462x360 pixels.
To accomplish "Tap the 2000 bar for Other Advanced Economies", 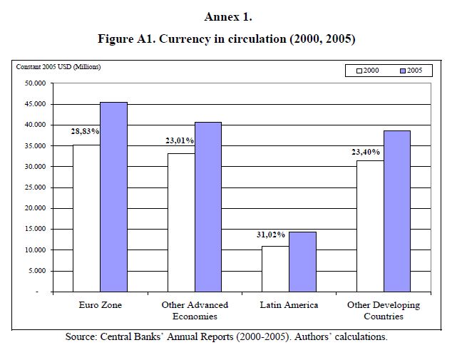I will (x=180, y=222).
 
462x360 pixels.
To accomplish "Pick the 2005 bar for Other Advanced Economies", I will (x=207, y=207).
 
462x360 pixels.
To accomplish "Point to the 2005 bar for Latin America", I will (x=302, y=262).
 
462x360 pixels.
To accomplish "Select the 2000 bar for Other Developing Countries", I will (x=370, y=226).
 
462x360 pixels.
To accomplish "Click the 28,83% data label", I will (x=85, y=132).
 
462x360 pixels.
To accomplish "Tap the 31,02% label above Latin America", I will (x=271, y=234).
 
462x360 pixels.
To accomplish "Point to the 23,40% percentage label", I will (x=366, y=152).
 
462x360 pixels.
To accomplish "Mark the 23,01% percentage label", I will (x=179, y=141).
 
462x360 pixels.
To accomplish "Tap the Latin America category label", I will (x=289, y=305).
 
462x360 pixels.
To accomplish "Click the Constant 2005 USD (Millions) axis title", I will (x=58, y=67).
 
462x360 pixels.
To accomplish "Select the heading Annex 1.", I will (x=231, y=16).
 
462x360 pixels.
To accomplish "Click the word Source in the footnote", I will (x=83, y=336).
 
